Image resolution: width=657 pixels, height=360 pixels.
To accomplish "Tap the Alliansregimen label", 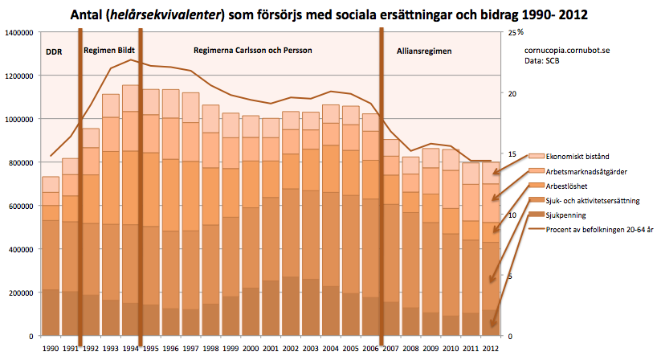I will [x=424, y=51].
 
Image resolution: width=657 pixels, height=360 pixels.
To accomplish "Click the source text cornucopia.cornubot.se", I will [x=565, y=50].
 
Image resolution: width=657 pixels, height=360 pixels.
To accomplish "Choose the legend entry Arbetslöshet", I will [x=565, y=186].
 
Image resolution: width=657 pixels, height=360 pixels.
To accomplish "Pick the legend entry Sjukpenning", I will [x=565, y=216].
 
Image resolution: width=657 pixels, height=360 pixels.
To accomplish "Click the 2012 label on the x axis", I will [x=492, y=349].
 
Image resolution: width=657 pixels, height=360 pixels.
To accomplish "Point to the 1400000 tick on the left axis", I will [x=17, y=33].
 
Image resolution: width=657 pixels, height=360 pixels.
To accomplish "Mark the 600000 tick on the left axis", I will [x=19, y=206].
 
